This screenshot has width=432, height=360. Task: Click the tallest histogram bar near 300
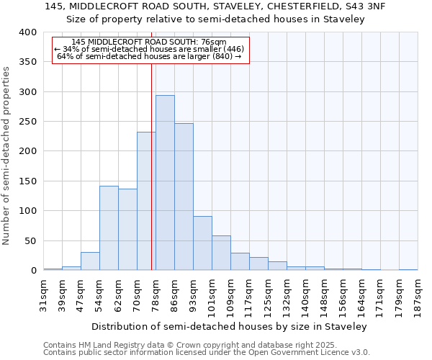point(165,183)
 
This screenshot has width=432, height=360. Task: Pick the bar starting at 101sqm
point(221,253)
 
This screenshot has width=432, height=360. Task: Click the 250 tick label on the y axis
point(28,122)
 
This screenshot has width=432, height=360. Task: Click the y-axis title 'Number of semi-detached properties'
point(7,155)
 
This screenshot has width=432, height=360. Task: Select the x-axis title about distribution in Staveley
point(234,326)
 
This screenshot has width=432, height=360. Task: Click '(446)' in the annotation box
point(232,49)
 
